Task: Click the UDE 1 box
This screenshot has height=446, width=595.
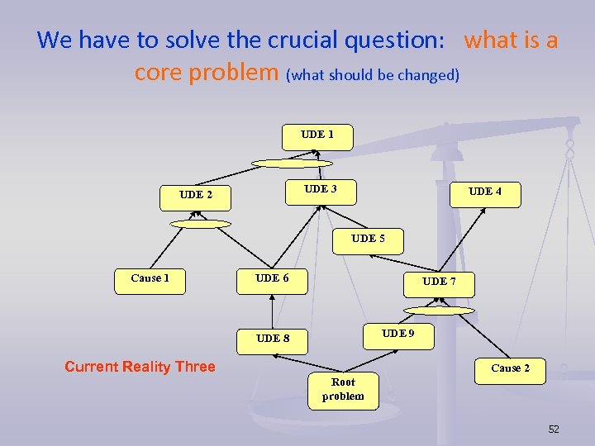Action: (317, 137)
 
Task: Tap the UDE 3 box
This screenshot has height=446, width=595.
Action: (320, 192)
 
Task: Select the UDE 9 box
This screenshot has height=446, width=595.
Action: (397, 335)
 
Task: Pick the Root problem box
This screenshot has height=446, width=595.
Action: (343, 389)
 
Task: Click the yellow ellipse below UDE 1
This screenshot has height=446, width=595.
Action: (292, 164)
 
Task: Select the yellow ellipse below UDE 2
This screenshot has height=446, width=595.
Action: (200, 224)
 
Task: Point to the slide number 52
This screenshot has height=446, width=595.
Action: (554, 429)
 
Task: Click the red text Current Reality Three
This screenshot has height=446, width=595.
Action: (140, 367)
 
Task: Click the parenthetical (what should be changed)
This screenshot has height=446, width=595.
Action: (373, 75)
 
